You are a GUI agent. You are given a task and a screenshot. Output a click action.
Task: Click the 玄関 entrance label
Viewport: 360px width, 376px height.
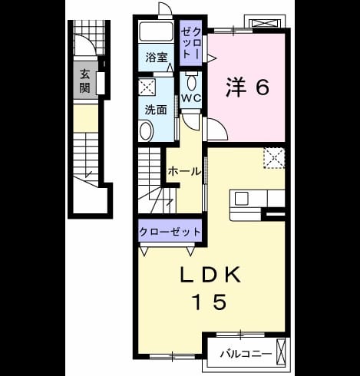(84, 81)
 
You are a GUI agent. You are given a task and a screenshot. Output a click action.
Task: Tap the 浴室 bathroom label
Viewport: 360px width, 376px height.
(157, 58)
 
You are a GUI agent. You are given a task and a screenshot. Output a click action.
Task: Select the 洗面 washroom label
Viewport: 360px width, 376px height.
(156, 110)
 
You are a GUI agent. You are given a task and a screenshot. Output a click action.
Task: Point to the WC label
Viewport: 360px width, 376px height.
(191, 98)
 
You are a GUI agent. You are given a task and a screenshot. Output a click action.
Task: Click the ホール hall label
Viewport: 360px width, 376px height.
(184, 171)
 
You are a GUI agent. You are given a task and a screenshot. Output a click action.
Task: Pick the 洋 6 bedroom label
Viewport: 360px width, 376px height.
(247, 87)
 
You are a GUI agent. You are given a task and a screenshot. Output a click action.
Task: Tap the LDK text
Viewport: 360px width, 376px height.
(210, 275)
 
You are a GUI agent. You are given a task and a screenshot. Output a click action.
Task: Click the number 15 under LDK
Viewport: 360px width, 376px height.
(210, 302)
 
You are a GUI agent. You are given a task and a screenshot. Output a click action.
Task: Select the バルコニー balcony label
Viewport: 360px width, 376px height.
(246, 354)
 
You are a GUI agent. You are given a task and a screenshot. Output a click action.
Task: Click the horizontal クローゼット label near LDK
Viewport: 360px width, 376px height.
(170, 232)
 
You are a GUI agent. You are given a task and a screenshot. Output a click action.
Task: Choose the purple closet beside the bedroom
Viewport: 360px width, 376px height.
(190, 43)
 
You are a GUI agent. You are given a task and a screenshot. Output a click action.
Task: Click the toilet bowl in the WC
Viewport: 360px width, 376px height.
(191, 81)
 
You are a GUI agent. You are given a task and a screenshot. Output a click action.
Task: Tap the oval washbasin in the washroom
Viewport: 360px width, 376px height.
(146, 130)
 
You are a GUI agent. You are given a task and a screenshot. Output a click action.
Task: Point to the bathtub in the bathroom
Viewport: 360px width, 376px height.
(156, 31)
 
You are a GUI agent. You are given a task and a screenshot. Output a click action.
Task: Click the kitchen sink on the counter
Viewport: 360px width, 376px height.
(242, 198)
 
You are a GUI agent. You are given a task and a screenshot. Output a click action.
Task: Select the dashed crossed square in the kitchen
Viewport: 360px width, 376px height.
(274, 158)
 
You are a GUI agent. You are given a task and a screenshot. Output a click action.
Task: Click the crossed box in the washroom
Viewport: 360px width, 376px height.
(147, 87)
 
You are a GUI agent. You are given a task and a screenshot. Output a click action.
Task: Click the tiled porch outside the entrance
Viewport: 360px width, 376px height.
(88, 38)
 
